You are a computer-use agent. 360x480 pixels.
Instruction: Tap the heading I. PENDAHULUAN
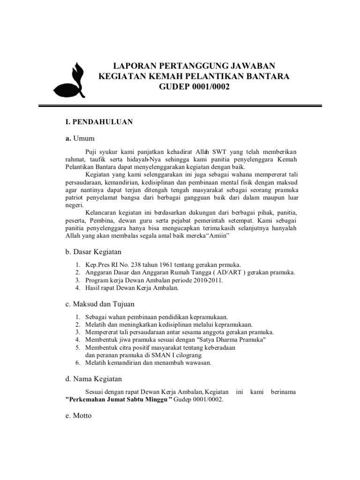(99, 122)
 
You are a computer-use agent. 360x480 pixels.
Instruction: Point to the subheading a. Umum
(80, 138)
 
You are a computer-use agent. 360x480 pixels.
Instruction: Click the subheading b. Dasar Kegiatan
(94, 252)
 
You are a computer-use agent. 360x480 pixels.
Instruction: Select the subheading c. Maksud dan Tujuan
(100, 304)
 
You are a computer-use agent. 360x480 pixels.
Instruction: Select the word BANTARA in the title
(267, 76)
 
